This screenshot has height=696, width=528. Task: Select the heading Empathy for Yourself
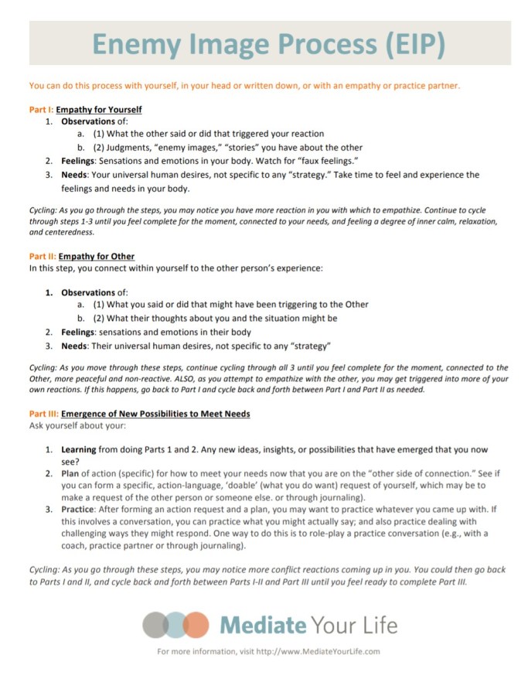pyautogui.click(x=99, y=110)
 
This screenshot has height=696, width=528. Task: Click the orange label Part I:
pyautogui.click(x=41, y=110)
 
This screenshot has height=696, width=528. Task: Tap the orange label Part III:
pyautogui.click(x=43, y=414)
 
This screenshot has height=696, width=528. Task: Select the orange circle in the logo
pyautogui.click(x=196, y=624)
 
